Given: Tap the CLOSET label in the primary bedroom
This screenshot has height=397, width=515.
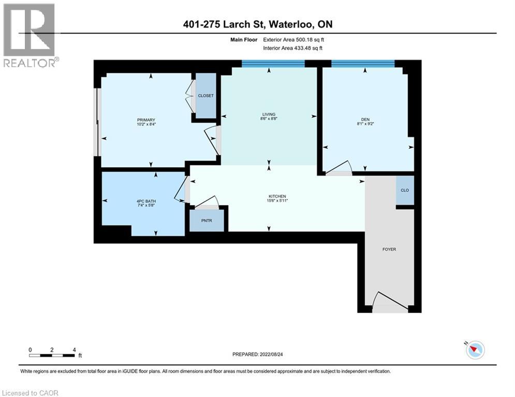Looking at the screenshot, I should [x=205, y=96].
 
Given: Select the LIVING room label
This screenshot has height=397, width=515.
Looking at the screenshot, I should [x=269, y=114].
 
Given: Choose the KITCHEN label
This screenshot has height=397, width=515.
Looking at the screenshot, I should [x=277, y=196].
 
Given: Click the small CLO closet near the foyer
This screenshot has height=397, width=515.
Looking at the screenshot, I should [x=405, y=190].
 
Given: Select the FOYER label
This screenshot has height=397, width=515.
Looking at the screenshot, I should [x=389, y=249].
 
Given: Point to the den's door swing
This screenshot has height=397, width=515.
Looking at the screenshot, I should [x=339, y=166].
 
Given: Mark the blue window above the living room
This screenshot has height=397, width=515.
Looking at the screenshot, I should [x=273, y=64].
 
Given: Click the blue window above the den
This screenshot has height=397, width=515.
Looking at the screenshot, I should [x=362, y=64].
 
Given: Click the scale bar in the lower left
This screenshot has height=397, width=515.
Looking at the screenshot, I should [x=52, y=355].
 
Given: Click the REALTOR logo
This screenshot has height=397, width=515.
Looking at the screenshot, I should [x=30, y=35].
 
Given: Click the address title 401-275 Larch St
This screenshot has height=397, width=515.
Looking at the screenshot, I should [x=257, y=24].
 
